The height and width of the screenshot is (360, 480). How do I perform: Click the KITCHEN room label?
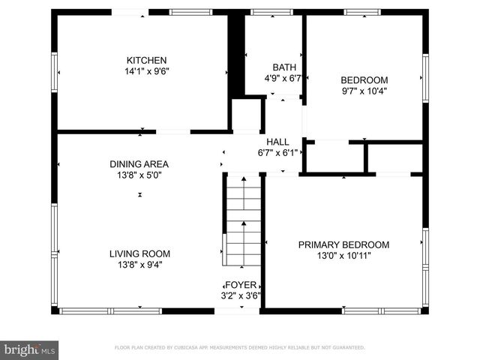click(146, 61)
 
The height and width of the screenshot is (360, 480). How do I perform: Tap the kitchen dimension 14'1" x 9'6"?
click(146, 72)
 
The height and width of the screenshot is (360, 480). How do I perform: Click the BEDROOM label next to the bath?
click(364, 80)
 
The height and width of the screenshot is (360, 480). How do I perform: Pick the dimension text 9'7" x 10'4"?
click(364, 91)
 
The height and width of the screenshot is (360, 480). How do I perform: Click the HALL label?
click(277, 141)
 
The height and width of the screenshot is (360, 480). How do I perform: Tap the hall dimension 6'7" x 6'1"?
click(277, 152)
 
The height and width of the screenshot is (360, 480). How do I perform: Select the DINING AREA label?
click(139, 164)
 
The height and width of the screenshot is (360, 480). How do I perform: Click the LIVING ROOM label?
click(140, 253)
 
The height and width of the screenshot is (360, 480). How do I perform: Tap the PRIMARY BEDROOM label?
click(343, 244)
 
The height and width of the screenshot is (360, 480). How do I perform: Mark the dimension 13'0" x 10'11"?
click(343, 256)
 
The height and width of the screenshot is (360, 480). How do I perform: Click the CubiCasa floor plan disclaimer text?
click(239, 348)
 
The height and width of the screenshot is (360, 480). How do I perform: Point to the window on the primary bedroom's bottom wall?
click(367, 310)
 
